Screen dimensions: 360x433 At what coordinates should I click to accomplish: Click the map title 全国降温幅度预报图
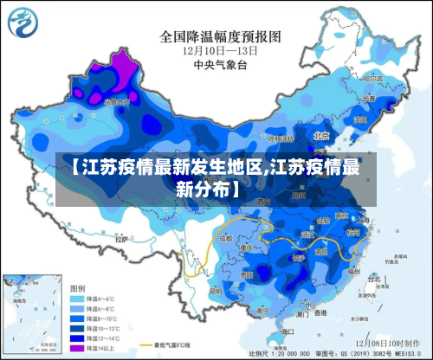220,37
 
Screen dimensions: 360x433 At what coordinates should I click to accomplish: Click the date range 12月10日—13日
220,51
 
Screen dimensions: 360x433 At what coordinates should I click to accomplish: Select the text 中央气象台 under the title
220,64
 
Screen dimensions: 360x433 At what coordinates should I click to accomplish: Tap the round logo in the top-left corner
25,24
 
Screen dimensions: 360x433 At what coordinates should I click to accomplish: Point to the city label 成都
226,237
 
